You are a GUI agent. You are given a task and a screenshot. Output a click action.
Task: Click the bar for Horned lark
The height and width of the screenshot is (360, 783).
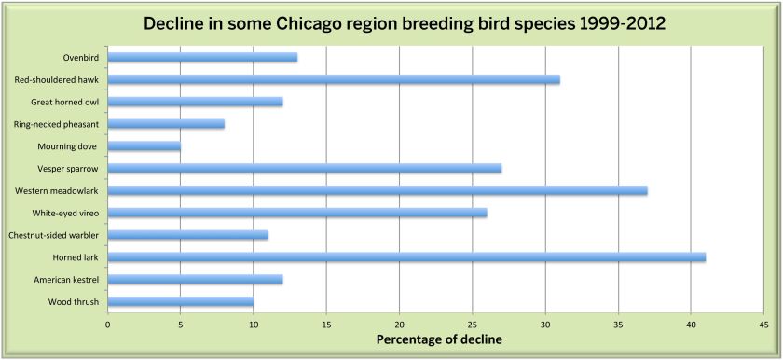tap(406, 257)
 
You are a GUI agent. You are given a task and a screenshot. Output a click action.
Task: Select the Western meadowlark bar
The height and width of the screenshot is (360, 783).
tap(378, 191)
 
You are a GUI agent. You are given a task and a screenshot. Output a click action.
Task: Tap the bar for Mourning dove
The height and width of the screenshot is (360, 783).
tap(144, 146)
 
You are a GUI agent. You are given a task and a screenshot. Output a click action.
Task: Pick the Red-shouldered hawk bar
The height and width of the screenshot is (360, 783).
tap(334, 79)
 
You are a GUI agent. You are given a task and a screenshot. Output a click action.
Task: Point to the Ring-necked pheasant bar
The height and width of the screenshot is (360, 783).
tap(166, 124)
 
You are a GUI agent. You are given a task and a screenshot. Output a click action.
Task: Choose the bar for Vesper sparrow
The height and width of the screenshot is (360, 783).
tap(305, 168)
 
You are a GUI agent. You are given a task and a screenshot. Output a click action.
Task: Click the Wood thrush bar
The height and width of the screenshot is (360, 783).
tap(180, 301)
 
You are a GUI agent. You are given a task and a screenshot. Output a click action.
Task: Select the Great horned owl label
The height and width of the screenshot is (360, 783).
tap(65, 102)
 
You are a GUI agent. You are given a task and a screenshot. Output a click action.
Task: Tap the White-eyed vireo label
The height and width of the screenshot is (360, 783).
tap(65, 214)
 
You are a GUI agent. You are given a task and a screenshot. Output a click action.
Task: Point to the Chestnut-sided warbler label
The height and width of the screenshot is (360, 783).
tap(54, 235)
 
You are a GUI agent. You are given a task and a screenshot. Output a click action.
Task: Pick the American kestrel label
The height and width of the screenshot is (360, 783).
tap(66, 280)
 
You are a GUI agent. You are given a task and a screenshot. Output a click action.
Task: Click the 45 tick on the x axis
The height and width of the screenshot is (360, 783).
tap(763, 324)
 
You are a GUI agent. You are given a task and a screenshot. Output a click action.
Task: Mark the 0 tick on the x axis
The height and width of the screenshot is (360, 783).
tap(108, 324)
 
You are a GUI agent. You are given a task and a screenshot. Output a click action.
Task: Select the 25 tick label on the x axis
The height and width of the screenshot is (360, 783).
tap(472, 324)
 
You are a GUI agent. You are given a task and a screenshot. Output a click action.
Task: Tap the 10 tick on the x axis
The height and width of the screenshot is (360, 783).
tap(254, 324)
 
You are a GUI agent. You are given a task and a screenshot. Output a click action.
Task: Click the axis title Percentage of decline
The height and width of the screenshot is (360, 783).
tap(439, 340)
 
